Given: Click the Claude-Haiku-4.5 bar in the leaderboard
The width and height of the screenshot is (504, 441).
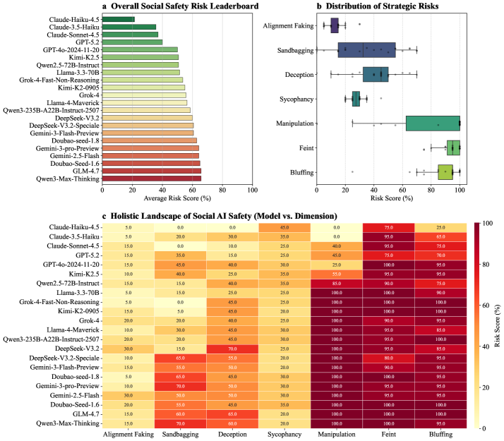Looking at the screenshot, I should coord(118,18).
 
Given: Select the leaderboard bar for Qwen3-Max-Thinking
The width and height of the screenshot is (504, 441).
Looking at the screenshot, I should coord(152,178).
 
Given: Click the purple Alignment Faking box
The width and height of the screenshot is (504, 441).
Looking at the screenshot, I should coord(335,26).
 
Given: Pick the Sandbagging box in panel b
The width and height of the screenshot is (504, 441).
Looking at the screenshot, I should coord(367,50).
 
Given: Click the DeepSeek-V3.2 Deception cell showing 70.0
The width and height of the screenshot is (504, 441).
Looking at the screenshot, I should coord(232,329).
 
